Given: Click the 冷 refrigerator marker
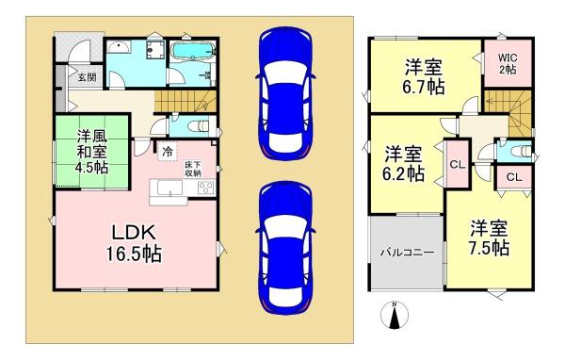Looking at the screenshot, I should [167, 149].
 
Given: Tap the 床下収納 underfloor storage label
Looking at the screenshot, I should [193, 169].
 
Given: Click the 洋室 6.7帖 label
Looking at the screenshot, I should [426, 75].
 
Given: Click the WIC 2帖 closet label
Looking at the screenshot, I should [508, 64].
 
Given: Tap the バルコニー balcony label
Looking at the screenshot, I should [406, 253].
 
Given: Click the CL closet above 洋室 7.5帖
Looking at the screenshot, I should [513, 176].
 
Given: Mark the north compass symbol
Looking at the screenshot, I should [395, 319].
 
